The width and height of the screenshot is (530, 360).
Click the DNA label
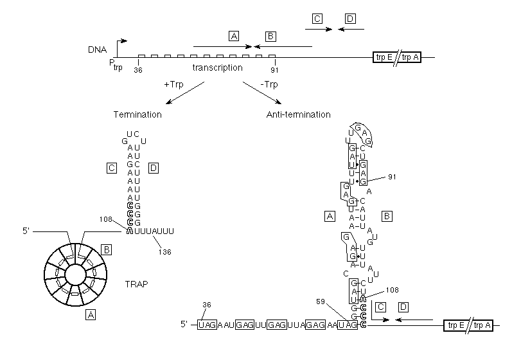click(98, 50)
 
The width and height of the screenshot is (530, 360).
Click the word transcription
click(217, 67)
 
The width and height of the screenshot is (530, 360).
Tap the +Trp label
click(173, 84)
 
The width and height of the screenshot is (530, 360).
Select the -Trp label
click(269, 84)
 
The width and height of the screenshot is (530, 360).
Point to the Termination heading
click(137, 114)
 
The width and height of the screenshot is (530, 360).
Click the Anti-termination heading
click(299, 114)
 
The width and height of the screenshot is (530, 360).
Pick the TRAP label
click(137, 284)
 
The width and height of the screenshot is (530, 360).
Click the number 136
click(165, 252)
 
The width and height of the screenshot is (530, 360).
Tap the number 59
click(321, 301)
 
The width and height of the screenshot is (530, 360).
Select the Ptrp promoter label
click(116, 65)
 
